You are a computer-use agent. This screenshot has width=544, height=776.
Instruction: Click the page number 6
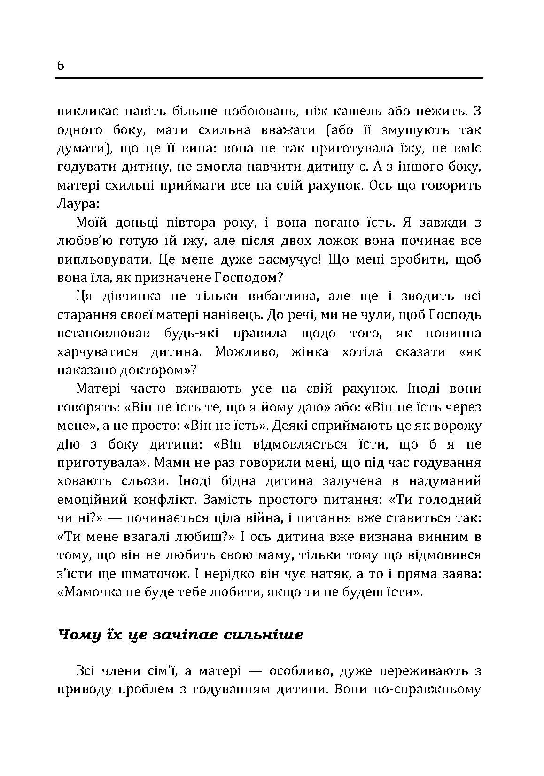61,66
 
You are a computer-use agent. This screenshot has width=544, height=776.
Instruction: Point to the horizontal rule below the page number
269,78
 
